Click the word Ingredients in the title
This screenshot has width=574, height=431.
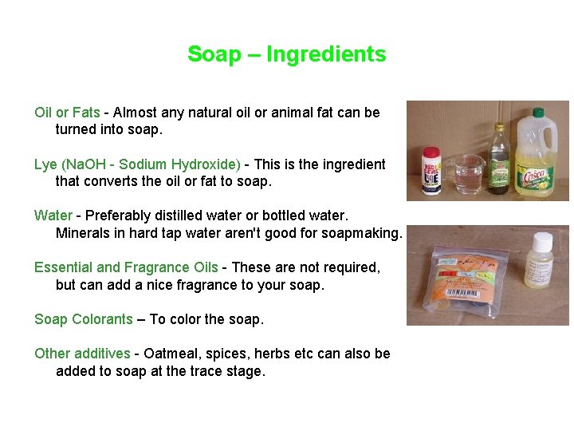coord(326,54)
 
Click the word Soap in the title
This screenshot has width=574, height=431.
coord(214,54)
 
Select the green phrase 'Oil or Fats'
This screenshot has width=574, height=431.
coord(67,113)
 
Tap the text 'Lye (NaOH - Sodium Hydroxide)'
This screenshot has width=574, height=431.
coord(137,164)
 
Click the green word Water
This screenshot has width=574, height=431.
coord(53,215)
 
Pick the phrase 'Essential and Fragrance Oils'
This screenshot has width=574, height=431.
coord(126,267)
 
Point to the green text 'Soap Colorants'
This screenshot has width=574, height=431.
coord(83,319)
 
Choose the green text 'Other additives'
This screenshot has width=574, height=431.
coord(82,354)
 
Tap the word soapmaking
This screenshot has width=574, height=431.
coord(362,233)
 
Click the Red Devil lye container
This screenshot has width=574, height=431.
coord(431,172)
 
